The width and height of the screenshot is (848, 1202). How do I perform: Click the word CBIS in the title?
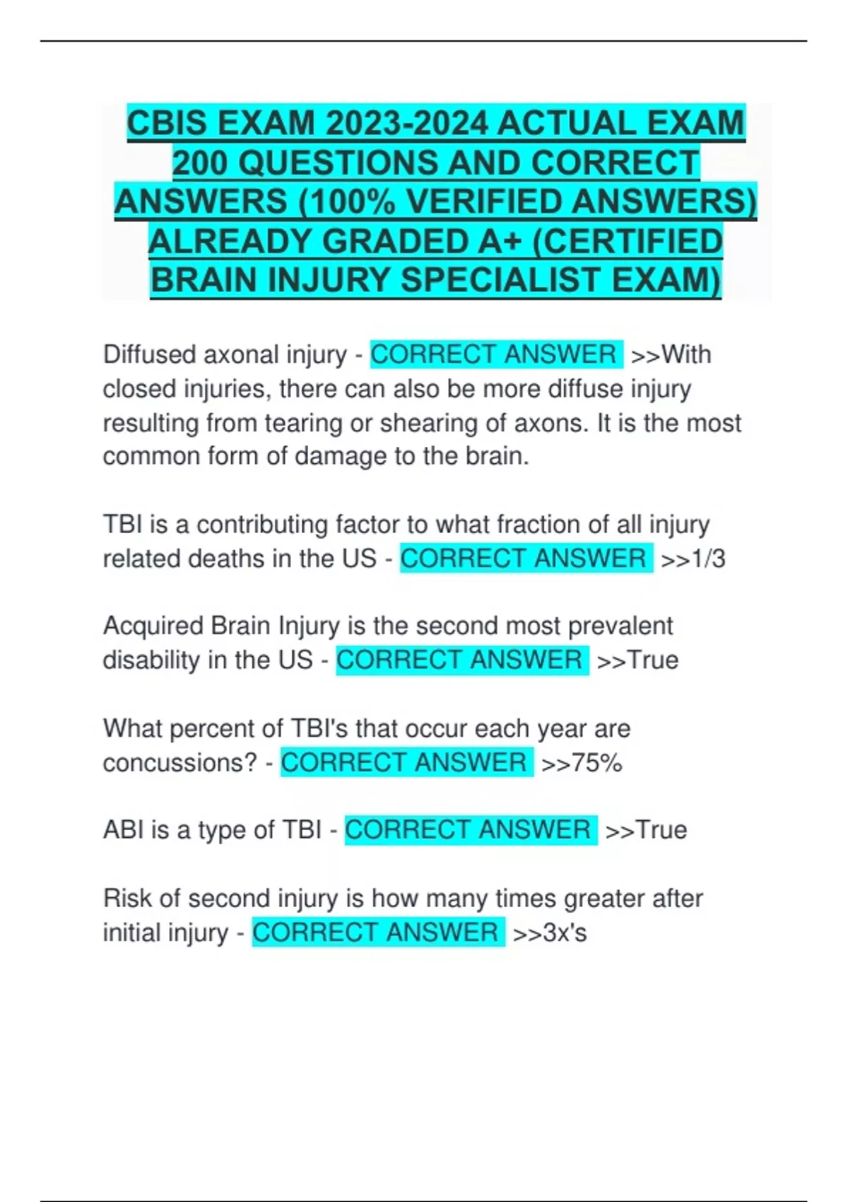pos(167,124)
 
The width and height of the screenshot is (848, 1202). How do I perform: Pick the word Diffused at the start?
pos(150,355)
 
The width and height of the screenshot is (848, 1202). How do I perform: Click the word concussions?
pos(179,764)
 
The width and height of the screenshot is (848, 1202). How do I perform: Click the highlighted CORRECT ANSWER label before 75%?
pos(406,763)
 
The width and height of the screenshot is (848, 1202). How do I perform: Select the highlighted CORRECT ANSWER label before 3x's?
pos(378,933)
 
